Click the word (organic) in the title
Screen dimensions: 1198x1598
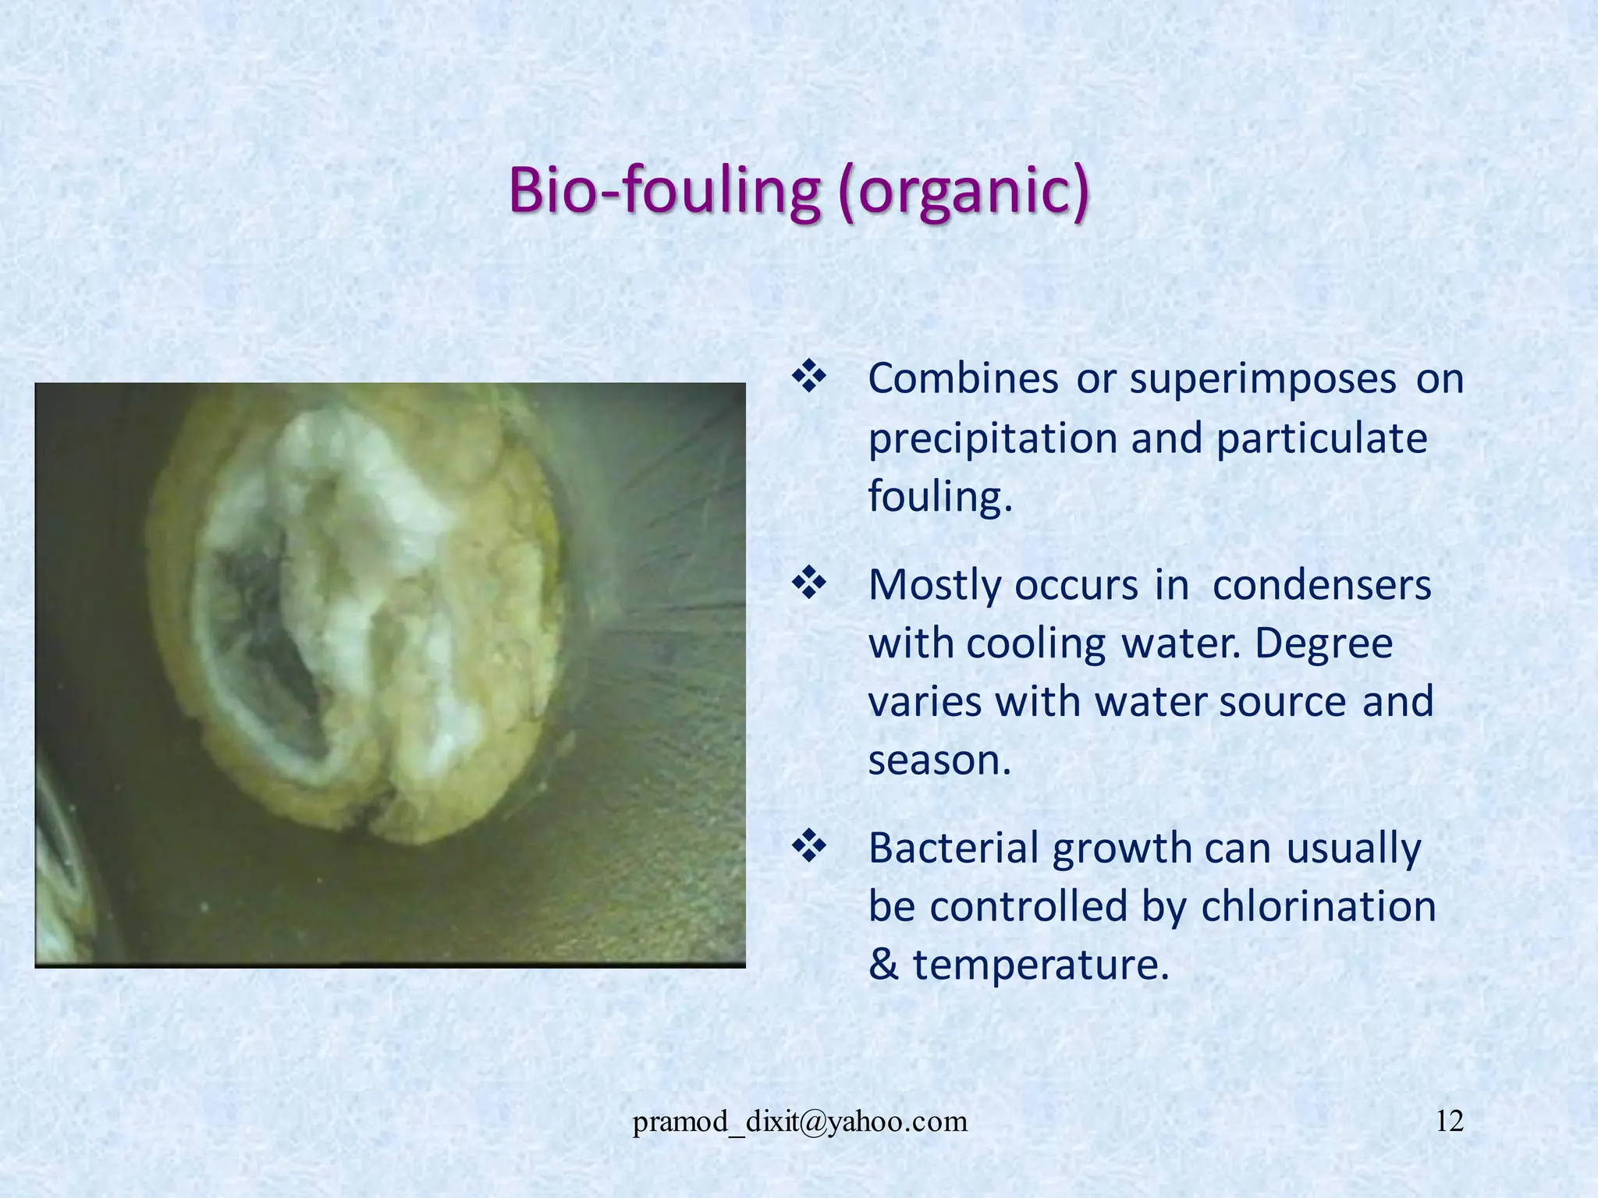[x=964, y=191]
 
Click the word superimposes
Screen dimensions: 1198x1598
[x=1262, y=380]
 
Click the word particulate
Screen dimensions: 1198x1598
[x=1321, y=438]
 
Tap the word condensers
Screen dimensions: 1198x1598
[x=1321, y=585]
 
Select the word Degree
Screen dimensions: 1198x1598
[x=1323, y=644]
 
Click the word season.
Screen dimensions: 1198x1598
[x=939, y=760]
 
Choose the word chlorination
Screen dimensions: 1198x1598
[x=1318, y=906]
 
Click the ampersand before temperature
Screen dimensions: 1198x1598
[x=884, y=966]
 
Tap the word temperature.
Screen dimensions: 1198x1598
[x=1041, y=966]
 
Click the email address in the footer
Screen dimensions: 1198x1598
[x=800, y=1122]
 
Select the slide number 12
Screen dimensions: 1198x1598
[x=1449, y=1122]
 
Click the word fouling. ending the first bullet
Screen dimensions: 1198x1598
[x=940, y=497]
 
